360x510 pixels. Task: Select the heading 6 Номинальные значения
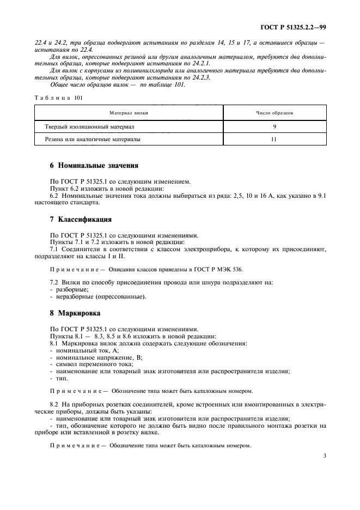tap(86, 165)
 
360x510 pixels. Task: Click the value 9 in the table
tap(275, 126)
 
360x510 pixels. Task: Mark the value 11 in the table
tap(274, 139)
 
